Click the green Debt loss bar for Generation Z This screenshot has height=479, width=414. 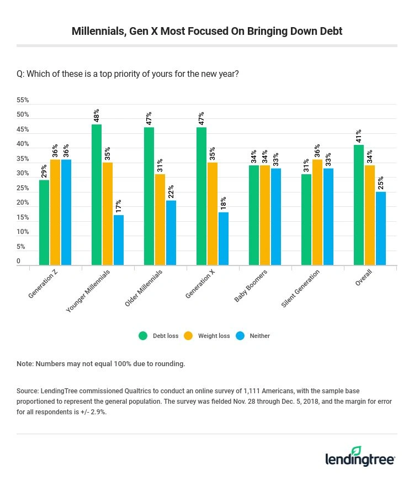[x=44, y=222]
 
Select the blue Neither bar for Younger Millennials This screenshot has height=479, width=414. [x=119, y=240]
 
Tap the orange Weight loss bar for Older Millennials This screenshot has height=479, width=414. [x=160, y=220]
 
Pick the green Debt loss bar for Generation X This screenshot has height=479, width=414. [x=201, y=196]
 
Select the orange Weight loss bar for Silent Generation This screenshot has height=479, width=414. [x=317, y=212]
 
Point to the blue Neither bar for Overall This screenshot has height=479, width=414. [x=381, y=228]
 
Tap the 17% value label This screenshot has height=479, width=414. [x=119, y=206]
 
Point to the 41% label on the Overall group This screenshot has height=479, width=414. [x=359, y=135]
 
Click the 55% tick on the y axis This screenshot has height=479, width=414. [x=23, y=101]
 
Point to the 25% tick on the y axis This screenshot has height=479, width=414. [x=23, y=188]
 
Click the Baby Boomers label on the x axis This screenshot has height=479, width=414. [x=251, y=286]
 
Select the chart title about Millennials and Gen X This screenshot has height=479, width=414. [x=207, y=31]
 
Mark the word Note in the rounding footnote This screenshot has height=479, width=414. [x=25, y=364]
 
